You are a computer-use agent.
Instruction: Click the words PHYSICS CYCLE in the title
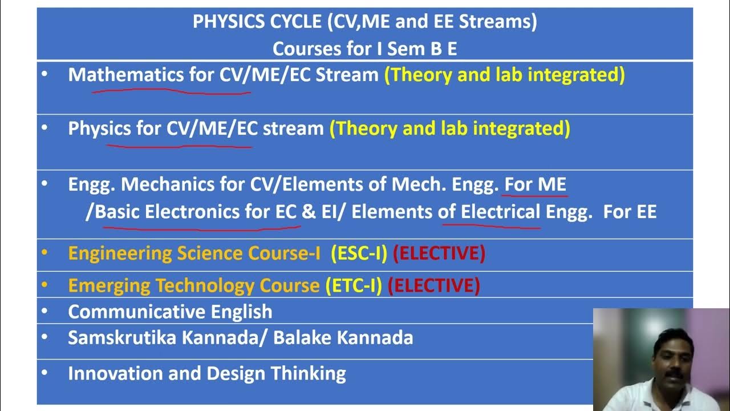tap(257, 22)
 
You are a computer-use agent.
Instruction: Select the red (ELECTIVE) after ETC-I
tap(434, 285)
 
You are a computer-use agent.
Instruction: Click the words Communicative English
tap(170, 312)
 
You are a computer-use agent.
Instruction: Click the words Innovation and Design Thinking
tap(206, 373)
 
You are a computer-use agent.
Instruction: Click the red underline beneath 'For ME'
tap(536, 196)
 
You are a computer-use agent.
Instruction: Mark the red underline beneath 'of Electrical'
tap(491, 226)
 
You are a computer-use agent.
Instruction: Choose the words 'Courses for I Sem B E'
tap(364, 49)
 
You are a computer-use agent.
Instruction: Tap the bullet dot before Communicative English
tap(45, 312)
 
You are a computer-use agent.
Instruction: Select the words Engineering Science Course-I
tap(194, 253)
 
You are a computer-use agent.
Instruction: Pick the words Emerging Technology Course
tap(193, 285)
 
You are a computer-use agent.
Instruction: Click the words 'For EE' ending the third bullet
tap(630, 212)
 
